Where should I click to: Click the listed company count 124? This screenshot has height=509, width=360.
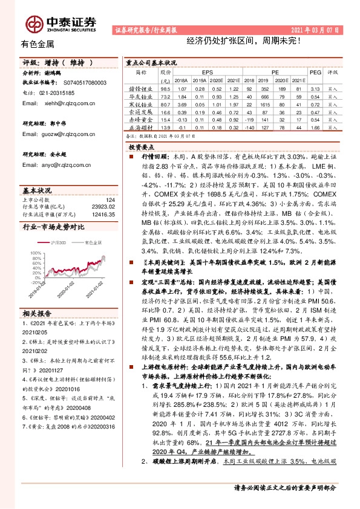[x=110, y=199]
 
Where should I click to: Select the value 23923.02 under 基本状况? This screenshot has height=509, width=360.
[x=103, y=207]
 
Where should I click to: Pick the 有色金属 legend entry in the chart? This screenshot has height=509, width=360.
[x=94, y=242]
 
